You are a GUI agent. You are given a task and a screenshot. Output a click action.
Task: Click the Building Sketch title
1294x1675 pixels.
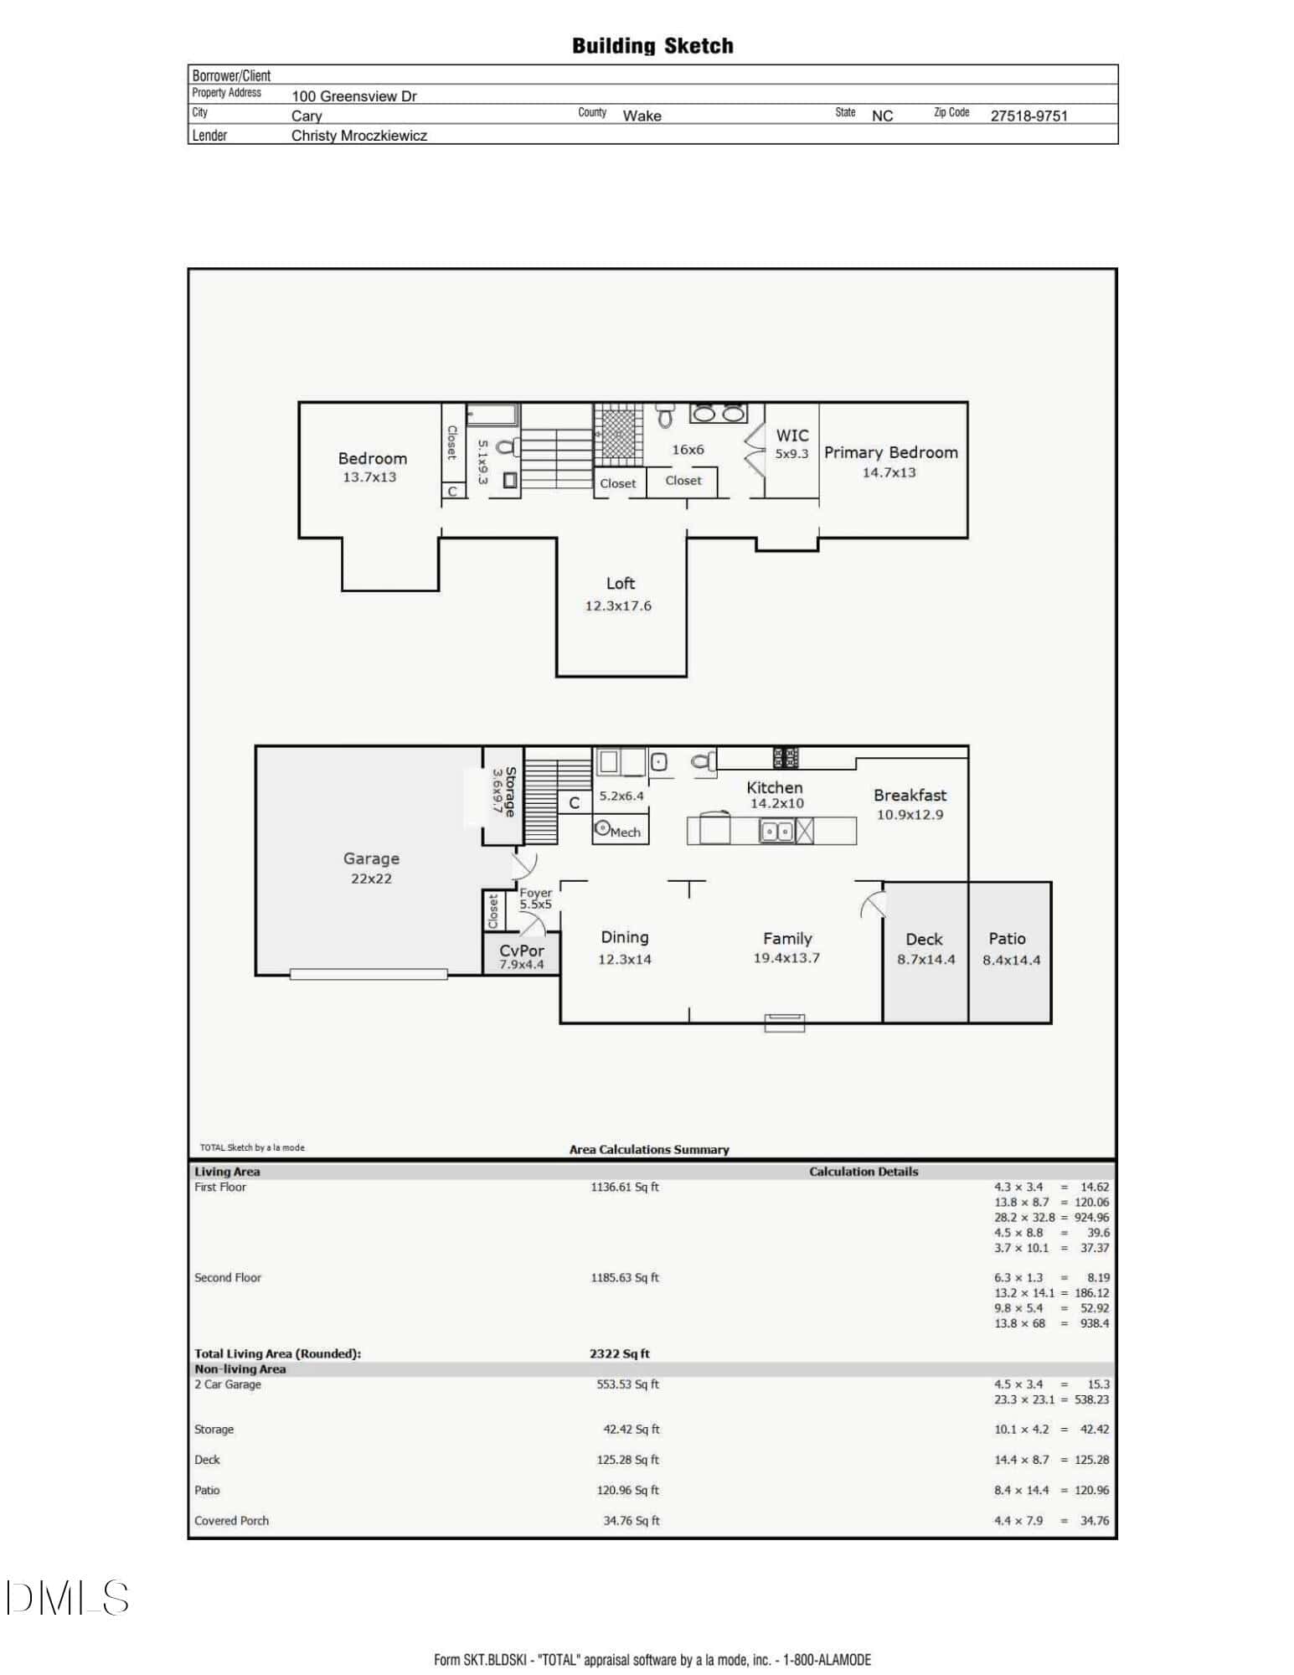[652, 46]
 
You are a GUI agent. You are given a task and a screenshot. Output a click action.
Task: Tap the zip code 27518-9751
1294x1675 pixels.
[1029, 116]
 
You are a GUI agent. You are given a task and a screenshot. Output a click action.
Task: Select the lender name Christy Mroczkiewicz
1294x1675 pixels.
[359, 136]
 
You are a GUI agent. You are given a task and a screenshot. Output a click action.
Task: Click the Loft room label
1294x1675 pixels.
[621, 584]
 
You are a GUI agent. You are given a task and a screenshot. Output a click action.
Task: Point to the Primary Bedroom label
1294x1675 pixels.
[891, 453]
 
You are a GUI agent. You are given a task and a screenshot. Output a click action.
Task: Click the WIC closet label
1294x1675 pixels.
[792, 435]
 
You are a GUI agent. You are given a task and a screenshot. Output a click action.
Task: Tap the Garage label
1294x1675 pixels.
[371, 858]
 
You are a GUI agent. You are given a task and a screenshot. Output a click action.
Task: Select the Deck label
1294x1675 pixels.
[924, 940]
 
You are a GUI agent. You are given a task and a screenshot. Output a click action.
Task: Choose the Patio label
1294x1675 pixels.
[1007, 939]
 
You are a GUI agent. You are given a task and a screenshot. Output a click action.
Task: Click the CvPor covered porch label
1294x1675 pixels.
[522, 951]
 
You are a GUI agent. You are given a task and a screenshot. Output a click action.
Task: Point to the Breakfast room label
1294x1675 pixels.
[910, 796]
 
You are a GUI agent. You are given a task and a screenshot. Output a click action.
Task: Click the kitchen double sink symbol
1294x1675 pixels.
[776, 831]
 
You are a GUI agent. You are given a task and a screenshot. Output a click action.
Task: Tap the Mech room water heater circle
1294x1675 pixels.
[601, 828]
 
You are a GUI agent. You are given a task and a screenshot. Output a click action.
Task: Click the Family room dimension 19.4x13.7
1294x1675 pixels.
[786, 958]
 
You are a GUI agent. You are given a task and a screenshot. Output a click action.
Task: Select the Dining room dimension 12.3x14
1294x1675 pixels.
[625, 960]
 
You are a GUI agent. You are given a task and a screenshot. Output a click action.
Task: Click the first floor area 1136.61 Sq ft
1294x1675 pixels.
[625, 1187]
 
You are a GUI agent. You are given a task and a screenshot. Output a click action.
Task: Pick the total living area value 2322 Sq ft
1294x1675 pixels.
[620, 1353]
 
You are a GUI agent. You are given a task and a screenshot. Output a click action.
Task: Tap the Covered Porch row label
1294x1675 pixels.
[232, 1521]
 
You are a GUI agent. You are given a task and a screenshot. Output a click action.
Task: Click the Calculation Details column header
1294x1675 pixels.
[864, 1172]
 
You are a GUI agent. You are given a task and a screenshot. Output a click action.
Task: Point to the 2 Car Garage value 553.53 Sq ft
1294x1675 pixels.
[628, 1384]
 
